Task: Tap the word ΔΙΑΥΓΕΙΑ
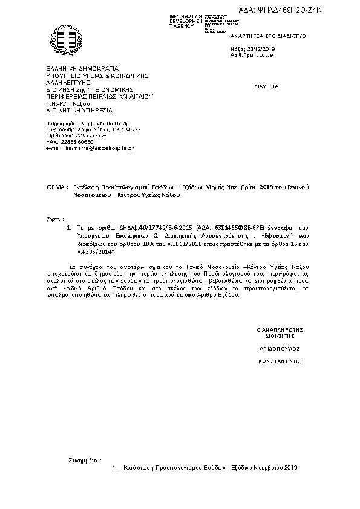pos(266,86)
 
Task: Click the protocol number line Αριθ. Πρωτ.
pos(252,55)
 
